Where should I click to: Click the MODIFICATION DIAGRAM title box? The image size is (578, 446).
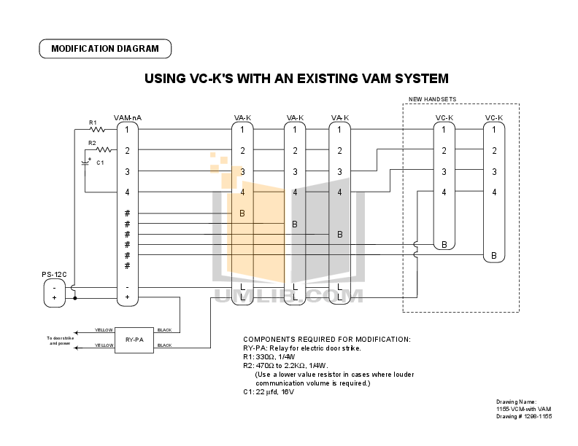click(x=104, y=50)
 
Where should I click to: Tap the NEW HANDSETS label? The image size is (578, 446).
click(x=431, y=99)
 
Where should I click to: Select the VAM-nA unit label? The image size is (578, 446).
click(x=128, y=117)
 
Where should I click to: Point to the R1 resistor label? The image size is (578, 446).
click(x=93, y=122)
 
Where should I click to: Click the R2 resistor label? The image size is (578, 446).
click(x=92, y=143)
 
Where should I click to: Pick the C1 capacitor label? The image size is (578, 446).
click(x=100, y=163)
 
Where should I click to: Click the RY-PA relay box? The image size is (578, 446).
click(x=134, y=339)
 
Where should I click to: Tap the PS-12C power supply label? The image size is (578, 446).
click(x=54, y=274)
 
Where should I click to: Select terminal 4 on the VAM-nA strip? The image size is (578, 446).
click(x=127, y=192)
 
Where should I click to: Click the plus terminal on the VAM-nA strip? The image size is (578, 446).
click(x=127, y=297)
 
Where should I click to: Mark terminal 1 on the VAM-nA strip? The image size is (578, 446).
click(x=127, y=130)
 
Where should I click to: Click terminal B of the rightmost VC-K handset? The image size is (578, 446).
click(x=494, y=255)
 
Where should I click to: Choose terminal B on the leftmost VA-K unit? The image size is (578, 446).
click(x=242, y=213)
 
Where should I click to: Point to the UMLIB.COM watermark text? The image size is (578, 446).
click(x=289, y=297)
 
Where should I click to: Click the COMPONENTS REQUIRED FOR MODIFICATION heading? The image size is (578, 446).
click(x=326, y=340)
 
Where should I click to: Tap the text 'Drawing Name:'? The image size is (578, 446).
click(x=516, y=402)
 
